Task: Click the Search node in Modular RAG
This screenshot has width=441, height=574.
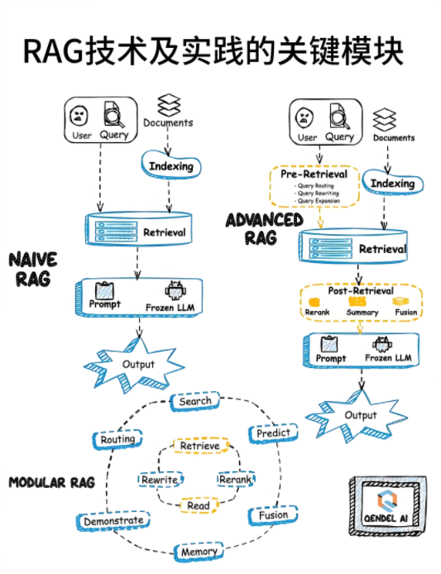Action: click(x=195, y=401)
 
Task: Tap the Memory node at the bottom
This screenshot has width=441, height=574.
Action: click(x=199, y=552)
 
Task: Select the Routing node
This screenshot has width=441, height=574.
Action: click(x=117, y=439)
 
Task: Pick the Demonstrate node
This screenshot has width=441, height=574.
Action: click(x=113, y=521)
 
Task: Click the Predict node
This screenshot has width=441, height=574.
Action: click(x=273, y=433)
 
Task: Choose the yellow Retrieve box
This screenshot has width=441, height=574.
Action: click(x=200, y=446)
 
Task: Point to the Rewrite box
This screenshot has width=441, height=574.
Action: click(x=160, y=480)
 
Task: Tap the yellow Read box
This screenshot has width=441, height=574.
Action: click(x=199, y=505)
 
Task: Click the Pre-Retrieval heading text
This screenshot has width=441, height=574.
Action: click(x=314, y=175)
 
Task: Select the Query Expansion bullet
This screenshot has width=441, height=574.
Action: click(x=317, y=201)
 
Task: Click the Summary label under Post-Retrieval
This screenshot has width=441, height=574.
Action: click(x=362, y=313)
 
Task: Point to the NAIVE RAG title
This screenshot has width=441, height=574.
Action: click(x=32, y=269)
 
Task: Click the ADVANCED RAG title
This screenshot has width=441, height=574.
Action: click(x=264, y=229)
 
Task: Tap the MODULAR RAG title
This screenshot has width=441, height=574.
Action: click(x=51, y=482)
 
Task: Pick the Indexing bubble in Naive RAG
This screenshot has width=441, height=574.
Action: click(x=171, y=166)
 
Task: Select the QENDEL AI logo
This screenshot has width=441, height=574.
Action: click(x=387, y=505)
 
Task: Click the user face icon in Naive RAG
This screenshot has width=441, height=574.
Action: click(x=79, y=116)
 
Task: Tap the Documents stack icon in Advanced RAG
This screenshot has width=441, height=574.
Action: click(x=384, y=120)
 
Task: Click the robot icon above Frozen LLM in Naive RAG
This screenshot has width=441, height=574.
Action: click(x=175, y=291)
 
